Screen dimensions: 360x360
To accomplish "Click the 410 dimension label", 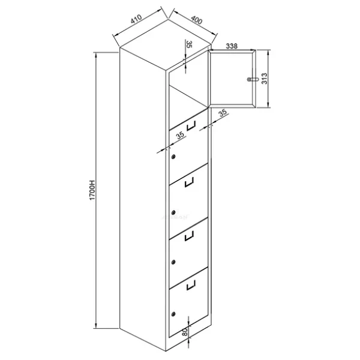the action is pos(136,19).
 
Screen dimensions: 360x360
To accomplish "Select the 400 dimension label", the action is pos(197,20).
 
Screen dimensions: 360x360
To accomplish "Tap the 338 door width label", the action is pos(232,46).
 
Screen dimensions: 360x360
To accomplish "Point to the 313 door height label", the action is pos(265,79).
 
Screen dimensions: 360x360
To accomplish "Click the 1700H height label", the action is pos(92,190).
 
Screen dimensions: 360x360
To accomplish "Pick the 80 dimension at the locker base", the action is pos(185,331).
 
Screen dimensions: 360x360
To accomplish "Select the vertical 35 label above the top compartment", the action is pos(189,44).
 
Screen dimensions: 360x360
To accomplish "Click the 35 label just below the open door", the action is pos(222,113).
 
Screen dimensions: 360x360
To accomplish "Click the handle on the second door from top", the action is pos(191,125).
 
